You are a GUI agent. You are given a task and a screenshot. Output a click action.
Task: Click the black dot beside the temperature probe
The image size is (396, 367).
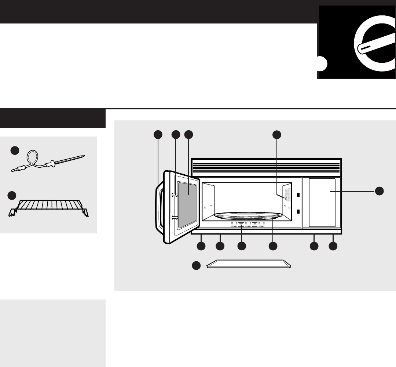pos(14,150)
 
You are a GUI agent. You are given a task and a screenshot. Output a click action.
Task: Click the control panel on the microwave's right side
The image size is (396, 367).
pos(322,203)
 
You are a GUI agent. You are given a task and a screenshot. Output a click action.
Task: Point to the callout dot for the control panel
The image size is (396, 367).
pos(379,190)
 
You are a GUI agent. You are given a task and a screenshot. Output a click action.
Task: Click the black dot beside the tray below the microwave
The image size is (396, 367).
pos(197,265)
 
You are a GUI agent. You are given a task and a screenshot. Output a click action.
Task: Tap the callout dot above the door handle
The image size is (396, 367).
pos(158,135)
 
